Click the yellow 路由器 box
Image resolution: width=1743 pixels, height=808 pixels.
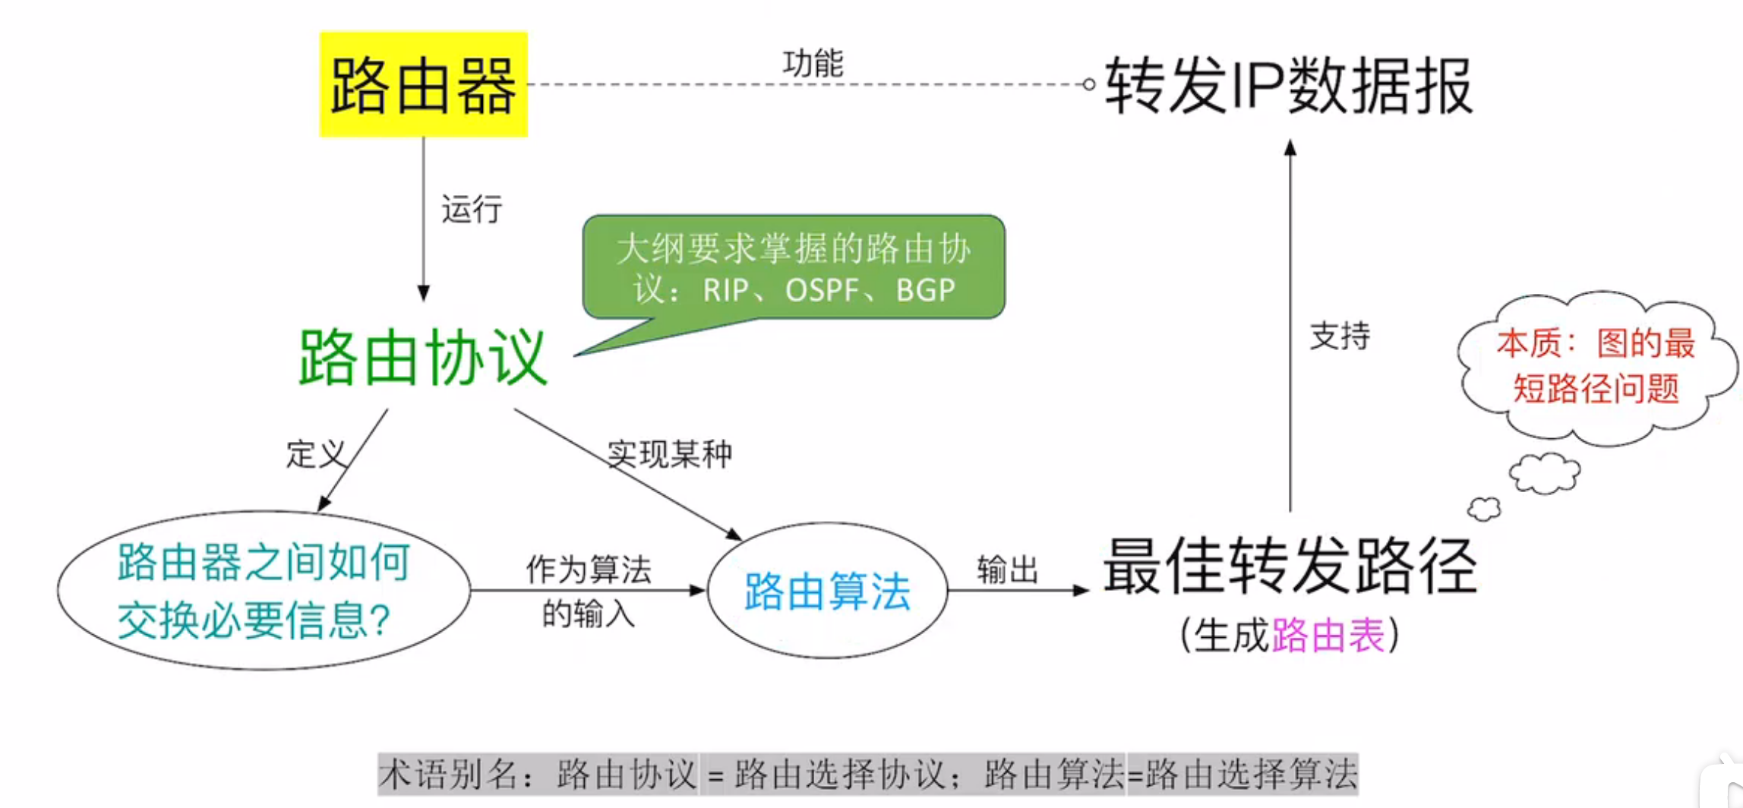[x=423, y=84]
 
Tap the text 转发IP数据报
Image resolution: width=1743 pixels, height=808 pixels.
[x=1288, y=86]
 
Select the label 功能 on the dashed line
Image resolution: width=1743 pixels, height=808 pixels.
[x=813, y=63]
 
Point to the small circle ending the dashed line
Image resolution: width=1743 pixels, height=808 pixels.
[x=1088, y=84]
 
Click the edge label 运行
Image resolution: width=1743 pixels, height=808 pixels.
[x=472, y=209]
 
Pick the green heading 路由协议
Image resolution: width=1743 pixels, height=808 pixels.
[x=422, y=357]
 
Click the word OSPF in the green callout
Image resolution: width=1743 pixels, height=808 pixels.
[x=822, y=290]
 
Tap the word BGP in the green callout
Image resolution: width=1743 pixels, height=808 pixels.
[x=925, y=290]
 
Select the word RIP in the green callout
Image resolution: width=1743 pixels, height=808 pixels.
[x=725, y=290]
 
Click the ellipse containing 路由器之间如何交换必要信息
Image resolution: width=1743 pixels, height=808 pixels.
[x=264, y=591]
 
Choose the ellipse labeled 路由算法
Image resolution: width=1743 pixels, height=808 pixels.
[x=827, y=591]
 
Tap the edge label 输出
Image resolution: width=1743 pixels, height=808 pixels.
[x=1007, y=569]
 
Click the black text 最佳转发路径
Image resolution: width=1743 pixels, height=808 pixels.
[x=1289, y=566]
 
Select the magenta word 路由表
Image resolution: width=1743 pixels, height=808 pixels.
[x=1328, y=635]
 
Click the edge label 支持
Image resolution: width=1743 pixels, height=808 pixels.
[x=1340, y=336]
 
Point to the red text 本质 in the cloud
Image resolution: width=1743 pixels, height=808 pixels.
[x=1528, y=343]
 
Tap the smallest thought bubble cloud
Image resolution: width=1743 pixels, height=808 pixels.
[x=1484, y=509]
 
